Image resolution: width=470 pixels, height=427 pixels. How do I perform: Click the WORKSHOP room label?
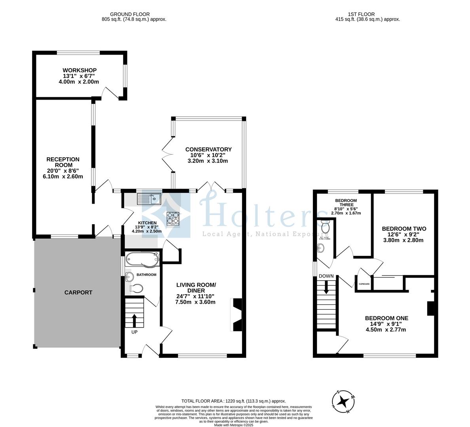pos(79,70)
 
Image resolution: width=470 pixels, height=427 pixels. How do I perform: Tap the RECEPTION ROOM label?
pos(63,162)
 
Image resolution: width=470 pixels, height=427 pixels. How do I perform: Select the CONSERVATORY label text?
pos(208,149)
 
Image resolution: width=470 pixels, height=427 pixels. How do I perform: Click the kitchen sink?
pos(149,198)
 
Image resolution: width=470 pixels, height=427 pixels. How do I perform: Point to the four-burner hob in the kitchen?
pos(173,217)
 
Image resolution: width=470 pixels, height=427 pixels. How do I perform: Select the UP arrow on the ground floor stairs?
pos(134,319)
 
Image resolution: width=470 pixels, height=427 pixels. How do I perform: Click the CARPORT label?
pos(78,293)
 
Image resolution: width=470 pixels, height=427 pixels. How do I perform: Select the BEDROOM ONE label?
pos(386,318)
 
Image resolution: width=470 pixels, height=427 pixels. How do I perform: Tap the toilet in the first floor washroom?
pos(326,228)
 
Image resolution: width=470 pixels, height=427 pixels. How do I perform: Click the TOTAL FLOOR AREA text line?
pos(233,401)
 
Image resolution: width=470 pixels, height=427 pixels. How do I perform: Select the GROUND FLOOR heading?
pos(130,14)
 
